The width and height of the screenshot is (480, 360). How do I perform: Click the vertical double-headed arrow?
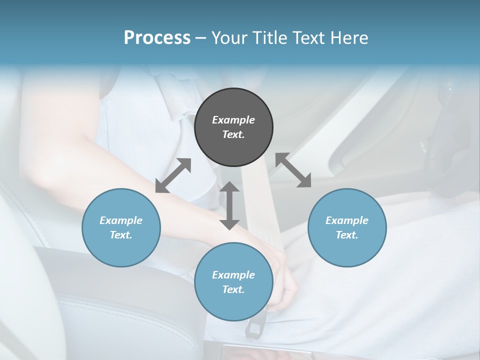point(229,205)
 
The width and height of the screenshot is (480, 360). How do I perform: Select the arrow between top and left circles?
point(173,175)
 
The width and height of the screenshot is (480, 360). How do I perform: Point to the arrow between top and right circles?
point(293,170)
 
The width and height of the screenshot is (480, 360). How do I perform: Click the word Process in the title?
point(157,37)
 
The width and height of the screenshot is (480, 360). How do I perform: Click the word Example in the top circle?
point(233,120)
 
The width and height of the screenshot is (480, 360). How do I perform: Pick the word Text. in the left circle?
point(121,235)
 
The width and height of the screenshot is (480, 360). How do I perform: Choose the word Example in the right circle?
point(347,220)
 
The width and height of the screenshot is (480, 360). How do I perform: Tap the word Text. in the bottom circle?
point(233,289)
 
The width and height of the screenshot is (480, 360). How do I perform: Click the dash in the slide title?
point(201,37)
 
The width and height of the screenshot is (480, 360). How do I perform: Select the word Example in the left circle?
point(121,220)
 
